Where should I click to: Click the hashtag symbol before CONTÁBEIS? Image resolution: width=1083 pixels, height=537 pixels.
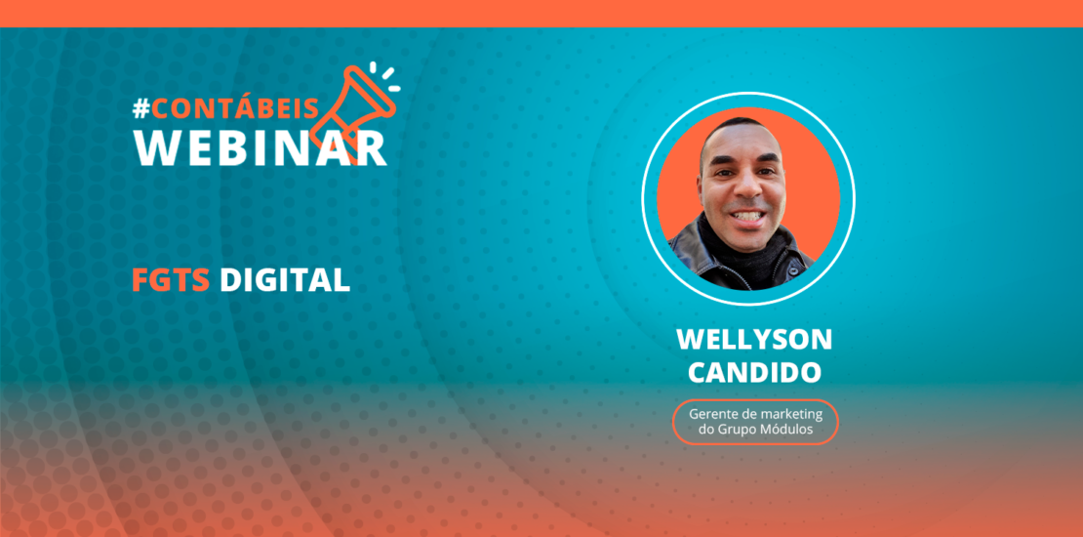141,109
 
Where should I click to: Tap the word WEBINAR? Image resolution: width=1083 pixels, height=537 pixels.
260,146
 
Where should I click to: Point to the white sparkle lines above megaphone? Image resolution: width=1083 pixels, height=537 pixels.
387,75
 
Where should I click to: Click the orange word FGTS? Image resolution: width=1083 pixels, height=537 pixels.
172,280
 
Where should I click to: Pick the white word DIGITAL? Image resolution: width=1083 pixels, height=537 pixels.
284,280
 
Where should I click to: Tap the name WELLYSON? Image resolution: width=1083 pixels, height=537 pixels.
754,340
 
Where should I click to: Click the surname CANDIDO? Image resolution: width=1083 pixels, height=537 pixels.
754,371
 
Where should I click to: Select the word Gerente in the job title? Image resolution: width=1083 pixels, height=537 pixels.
712,413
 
